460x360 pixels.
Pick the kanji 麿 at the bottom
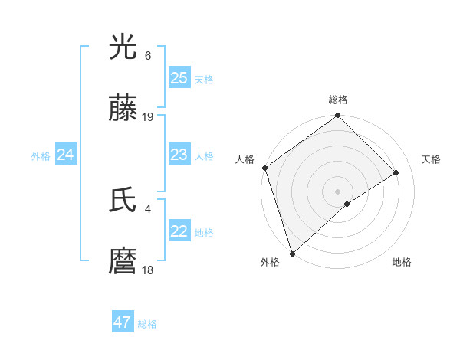pyautogui.click(x=124, y=262)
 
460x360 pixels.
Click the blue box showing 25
pyautogui.click(x=179, y=78)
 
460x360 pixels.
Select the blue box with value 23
pyautogui.click(x=179, y=155)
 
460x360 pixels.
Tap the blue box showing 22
pyautogui.click(x=179, y=231)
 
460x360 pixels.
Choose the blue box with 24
pyautogui.click(x=66, y=155)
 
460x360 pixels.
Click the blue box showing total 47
pyautogui.click(x=123, y=322)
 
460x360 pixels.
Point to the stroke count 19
pyautogui.click(x=149, y=117)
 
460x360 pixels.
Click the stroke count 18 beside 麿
pyautogui.click(x=148, y=270)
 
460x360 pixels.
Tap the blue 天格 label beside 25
pyautogui.click(x=203, y=79)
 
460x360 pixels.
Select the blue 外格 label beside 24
pyautogui.click(x=41, y=156)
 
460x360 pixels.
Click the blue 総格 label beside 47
pyautogui.click(x=147, y=323)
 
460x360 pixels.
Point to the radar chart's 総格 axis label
pyautogui.click(x=338, y=100)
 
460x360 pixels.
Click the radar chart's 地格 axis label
pyautogui.click(x=402, y=262)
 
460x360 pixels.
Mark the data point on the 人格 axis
pyautogui.click(x=264, y=168)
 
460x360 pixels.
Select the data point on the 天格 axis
pyautogui.click(x=396, y=172)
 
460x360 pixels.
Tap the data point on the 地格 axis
pyautogui.click(x=347, y=204)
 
